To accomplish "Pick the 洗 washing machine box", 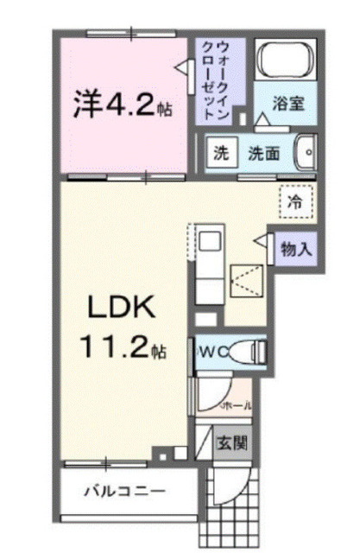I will [222, 153].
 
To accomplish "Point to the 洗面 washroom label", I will [263, 154].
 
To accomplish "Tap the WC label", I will [210, 351].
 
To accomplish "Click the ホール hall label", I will [237, 404].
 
